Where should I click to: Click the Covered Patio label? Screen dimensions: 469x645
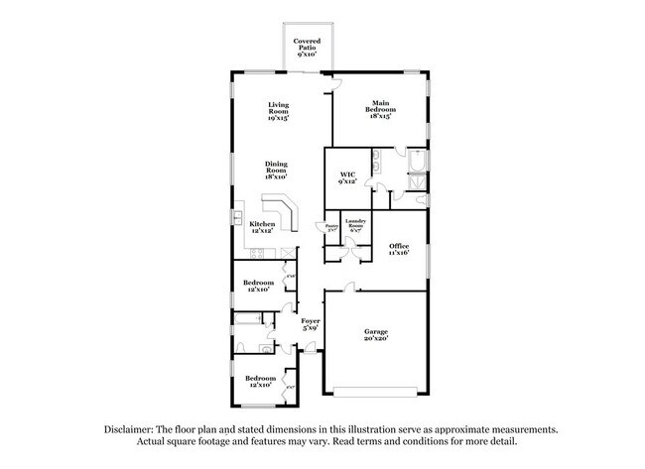pos(308,48)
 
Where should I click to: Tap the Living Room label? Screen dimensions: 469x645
pos(279,112)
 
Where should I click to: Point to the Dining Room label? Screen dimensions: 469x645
pos(277,170)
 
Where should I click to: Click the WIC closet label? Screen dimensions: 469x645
pos(347,178)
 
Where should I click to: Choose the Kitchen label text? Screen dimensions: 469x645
pos(262,227)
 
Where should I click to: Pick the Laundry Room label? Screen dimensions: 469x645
pos(355,225)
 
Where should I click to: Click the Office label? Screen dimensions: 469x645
pos(399,249)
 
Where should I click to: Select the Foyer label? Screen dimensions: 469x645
pos(310,323)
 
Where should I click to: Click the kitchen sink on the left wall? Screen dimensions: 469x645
pos(238,215)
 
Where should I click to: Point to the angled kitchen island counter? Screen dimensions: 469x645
pos(288,213)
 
